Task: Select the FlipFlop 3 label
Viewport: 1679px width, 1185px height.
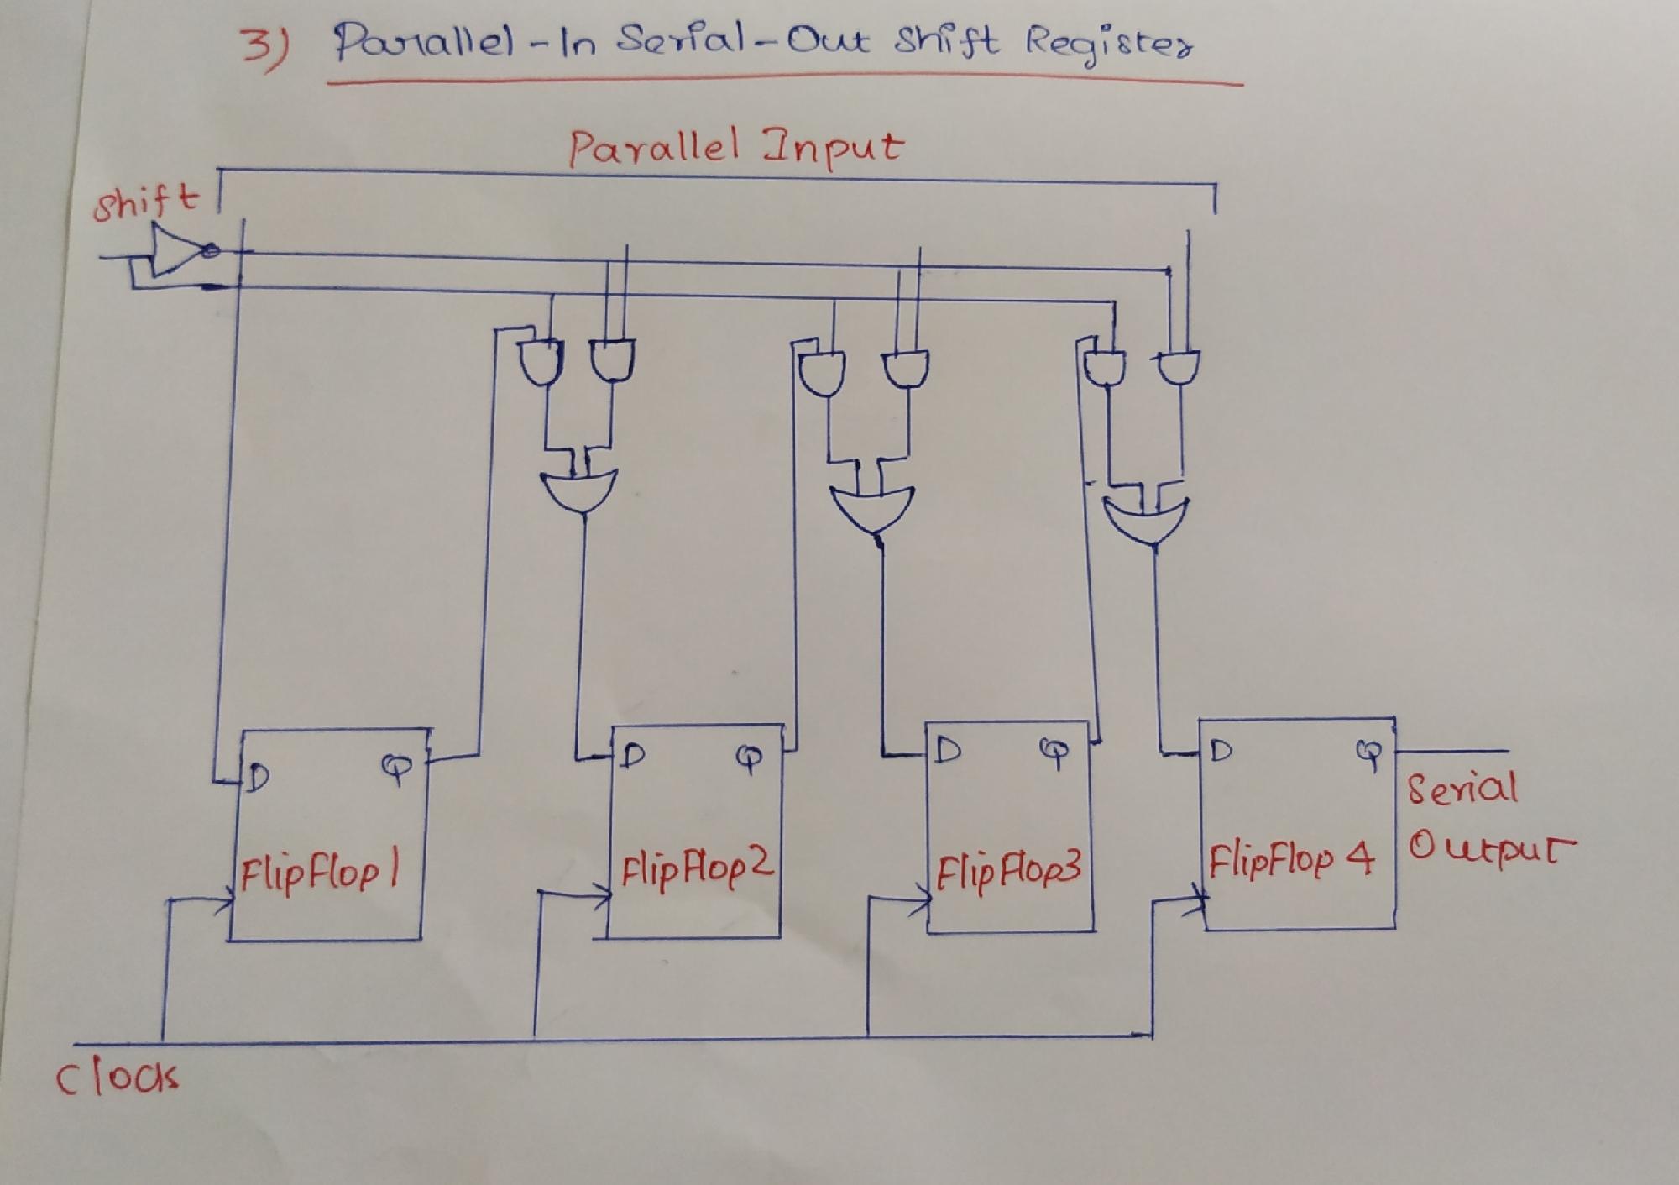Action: click(1007, 870)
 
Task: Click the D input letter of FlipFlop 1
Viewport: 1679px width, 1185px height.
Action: click(258, 779)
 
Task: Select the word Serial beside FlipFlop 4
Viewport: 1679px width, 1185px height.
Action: click(1462, 789)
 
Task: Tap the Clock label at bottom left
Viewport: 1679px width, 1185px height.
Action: click(117, 1077)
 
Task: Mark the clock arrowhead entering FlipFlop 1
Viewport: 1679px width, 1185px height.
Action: click(225, 904)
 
